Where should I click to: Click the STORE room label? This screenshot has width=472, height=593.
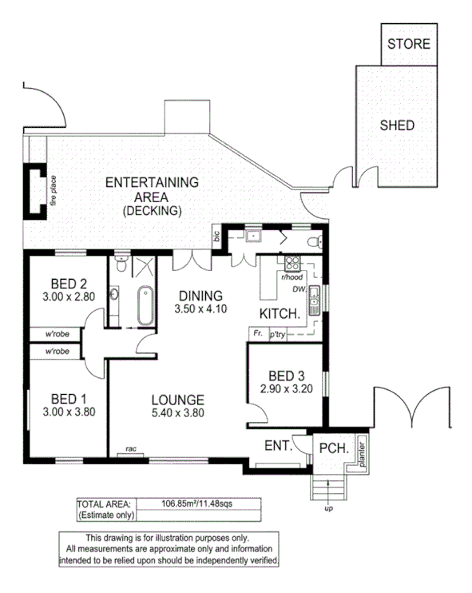click(x=408, y=44)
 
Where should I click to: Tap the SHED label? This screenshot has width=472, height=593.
click(x=396, y=125)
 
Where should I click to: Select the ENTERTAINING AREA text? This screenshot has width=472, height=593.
click(x=152, y=183)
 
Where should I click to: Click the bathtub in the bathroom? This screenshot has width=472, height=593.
click(x=145, y=305)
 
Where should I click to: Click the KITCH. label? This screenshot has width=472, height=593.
click(x=280, y=313)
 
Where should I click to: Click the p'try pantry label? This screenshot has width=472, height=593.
click(x=277, y=334)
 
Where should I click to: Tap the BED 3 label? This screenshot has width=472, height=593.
click(x=284, y=376)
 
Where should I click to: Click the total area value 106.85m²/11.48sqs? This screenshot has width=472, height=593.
click(x=199, y=503)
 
